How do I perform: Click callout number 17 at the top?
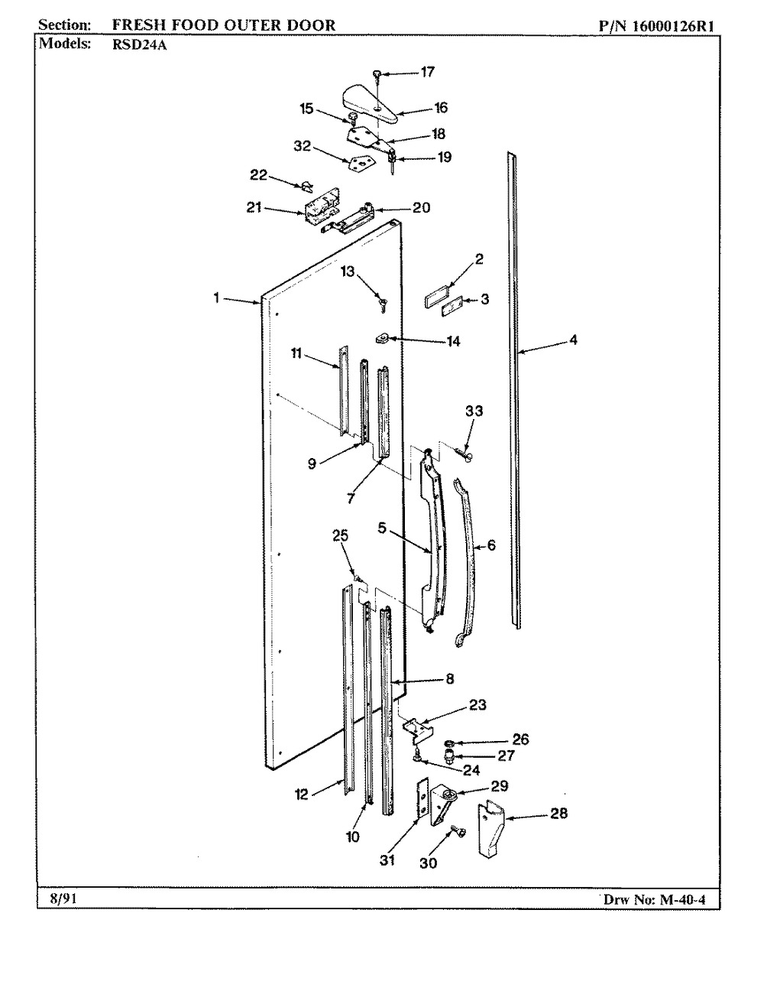tap(427, 72)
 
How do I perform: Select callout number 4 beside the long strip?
tap(573, 340)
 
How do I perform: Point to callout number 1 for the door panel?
tap(218, 298)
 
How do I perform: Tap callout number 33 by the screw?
tap(474, 411)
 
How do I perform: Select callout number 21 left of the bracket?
tap(254, 207)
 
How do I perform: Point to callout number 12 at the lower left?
tap(301, 795)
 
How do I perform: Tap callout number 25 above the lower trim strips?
tap(340, 536)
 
